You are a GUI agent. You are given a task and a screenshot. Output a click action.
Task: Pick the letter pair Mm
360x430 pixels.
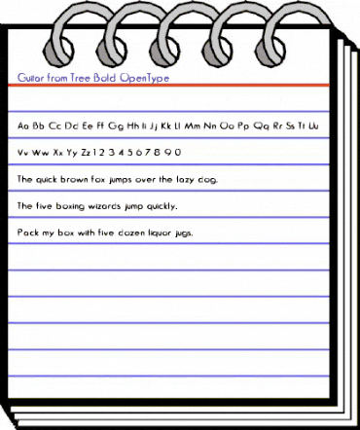coord(194,125)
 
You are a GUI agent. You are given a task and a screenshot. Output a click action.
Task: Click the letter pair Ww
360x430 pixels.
coord(41,153)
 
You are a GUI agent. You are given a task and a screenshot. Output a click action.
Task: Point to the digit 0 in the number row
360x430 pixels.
coord(178,153)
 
